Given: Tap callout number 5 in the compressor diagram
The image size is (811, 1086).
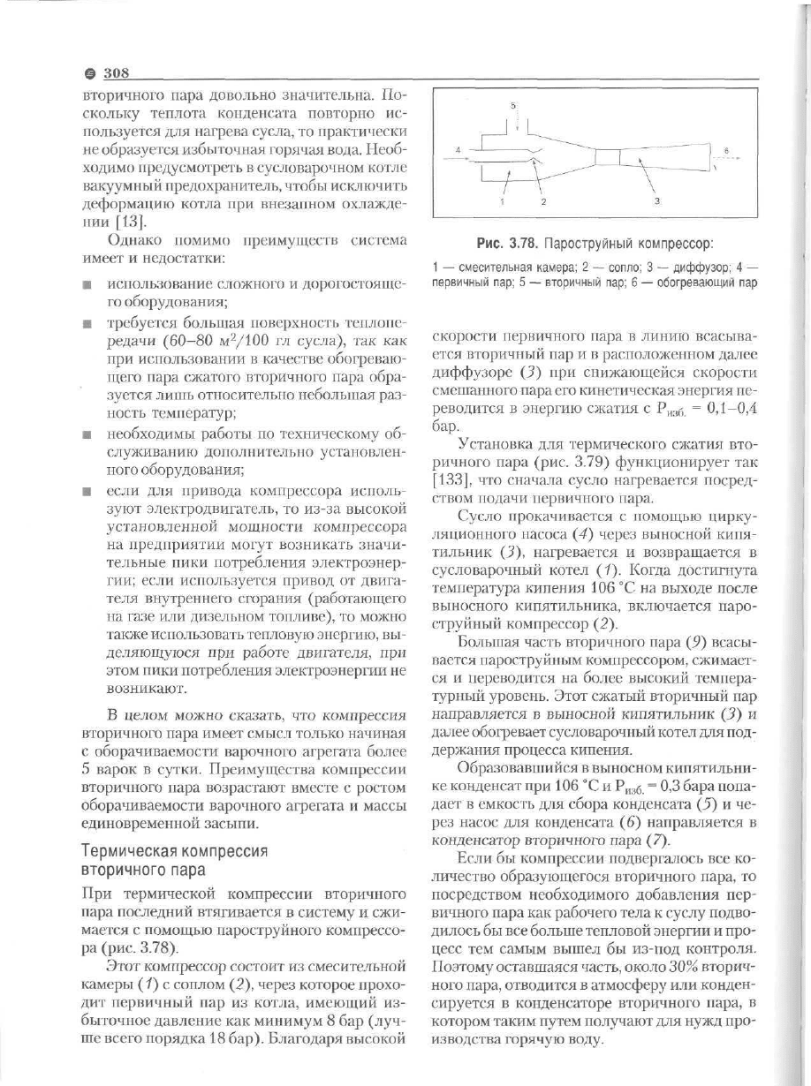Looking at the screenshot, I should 514,105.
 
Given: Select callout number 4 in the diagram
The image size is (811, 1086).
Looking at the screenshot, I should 458,150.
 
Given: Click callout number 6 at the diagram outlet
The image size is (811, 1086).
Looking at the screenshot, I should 724,151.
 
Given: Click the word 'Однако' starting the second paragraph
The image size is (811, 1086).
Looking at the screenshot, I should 133,239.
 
